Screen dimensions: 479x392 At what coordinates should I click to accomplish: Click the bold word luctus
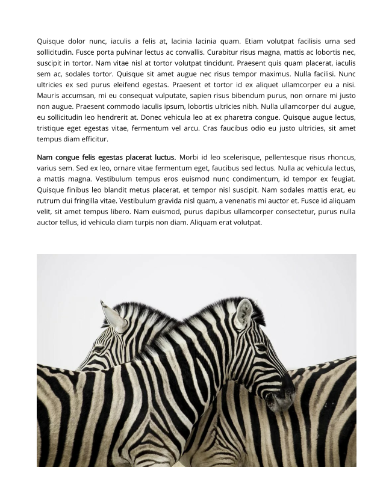tap(161, 158)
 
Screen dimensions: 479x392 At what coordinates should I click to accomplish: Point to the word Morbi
tap(190, 158)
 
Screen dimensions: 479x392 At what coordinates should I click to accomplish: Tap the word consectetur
tap(287, 212)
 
